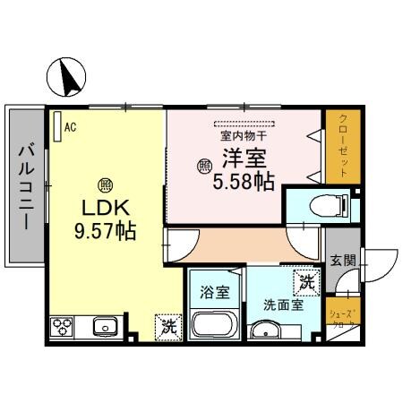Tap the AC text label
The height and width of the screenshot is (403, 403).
pos(70,126)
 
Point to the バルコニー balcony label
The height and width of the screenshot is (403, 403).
pos(25,185)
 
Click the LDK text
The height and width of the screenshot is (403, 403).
pos(104,208)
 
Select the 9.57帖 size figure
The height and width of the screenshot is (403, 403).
pos(104,230)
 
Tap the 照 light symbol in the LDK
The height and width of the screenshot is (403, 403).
pos(105,185)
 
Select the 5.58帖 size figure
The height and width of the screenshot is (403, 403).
pos(244,182)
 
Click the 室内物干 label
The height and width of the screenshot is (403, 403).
pos(244,137)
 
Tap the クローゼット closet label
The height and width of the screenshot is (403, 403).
pos(342,143)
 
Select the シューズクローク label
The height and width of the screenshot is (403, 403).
pos(342,318)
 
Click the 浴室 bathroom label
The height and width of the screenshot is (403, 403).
pos(213,291)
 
